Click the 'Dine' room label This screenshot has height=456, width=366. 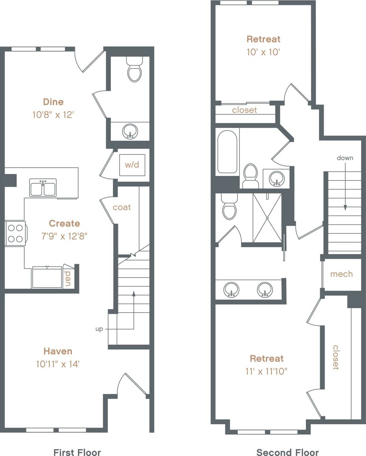point(53,102)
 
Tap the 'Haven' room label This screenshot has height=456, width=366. point(57,351)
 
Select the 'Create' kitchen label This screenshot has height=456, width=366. point(64,223)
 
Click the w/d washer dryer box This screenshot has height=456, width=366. point(132,165)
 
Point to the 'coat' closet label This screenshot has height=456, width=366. point(122,207)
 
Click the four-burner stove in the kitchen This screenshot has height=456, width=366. point(16,233)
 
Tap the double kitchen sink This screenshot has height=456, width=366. point(43,188)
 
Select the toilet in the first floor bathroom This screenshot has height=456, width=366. point(134,70)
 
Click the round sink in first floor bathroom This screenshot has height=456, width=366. point(130,131)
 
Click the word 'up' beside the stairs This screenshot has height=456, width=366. point(99,329)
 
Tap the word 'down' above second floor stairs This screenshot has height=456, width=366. point(345,158)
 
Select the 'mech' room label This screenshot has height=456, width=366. point(341,274)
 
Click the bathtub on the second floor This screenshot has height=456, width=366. point(227,152)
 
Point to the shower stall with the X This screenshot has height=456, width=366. point(267,218)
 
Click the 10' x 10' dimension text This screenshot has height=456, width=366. point(263,52)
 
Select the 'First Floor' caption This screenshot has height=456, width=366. point(77,452)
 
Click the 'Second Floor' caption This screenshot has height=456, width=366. point(287,452)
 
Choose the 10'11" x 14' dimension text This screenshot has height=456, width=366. point(57,364)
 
